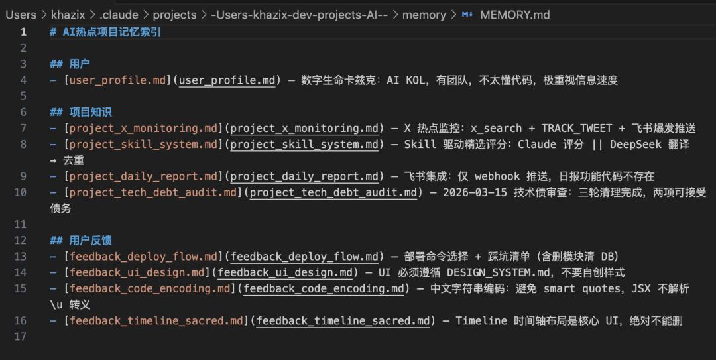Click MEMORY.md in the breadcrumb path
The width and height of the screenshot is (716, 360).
click(514, 15)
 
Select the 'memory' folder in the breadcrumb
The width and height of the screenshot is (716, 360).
click(424, 15)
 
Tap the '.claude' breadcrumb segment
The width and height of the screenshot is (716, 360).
click(119, 15)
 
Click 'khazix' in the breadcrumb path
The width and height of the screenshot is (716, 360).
click(68, 15)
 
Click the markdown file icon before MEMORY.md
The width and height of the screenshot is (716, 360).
click(467, 15)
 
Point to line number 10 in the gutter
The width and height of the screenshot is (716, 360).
click(20, 192)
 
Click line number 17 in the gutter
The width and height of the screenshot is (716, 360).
click(20, 337)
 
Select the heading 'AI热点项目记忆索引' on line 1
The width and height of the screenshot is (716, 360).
click(111, 32)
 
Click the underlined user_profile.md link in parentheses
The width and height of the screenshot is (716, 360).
click(227, 80)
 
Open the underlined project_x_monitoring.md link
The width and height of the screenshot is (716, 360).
click(304, 129)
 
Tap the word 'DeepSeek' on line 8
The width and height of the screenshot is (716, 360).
click(635, 145)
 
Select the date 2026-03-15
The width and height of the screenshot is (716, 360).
click(475, 192)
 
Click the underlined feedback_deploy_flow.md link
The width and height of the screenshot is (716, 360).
click(304, 257)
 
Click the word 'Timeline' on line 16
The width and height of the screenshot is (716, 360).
click(481, 321)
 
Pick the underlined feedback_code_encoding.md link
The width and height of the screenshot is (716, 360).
click(324, 289)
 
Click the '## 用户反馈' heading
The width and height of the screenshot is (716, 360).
click(81, 241)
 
